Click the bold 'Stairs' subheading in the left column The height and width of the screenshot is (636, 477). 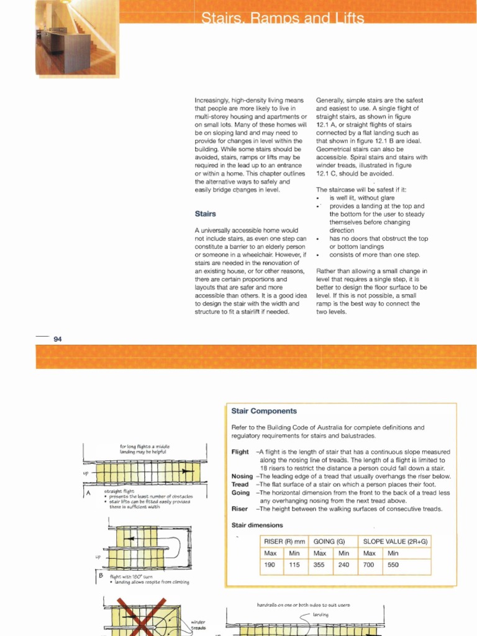(205, 214)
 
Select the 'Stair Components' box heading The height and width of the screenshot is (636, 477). (264, 411)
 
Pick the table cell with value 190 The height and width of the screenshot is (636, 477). (271, 565)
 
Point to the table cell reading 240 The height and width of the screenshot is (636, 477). (343, 565)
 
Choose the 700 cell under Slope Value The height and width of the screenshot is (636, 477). (370, 565)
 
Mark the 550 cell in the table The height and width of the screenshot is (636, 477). (393, 565)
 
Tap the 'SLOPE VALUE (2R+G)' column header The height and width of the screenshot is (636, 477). (395, 542)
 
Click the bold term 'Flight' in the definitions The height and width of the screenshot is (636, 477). (240, 452)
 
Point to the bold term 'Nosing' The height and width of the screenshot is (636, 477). (242, 476)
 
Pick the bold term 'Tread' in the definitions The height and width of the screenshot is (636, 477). (240, 484)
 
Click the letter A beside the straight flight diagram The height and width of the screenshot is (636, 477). (88, 493)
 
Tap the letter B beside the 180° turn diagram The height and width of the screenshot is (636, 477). (100, 576)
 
